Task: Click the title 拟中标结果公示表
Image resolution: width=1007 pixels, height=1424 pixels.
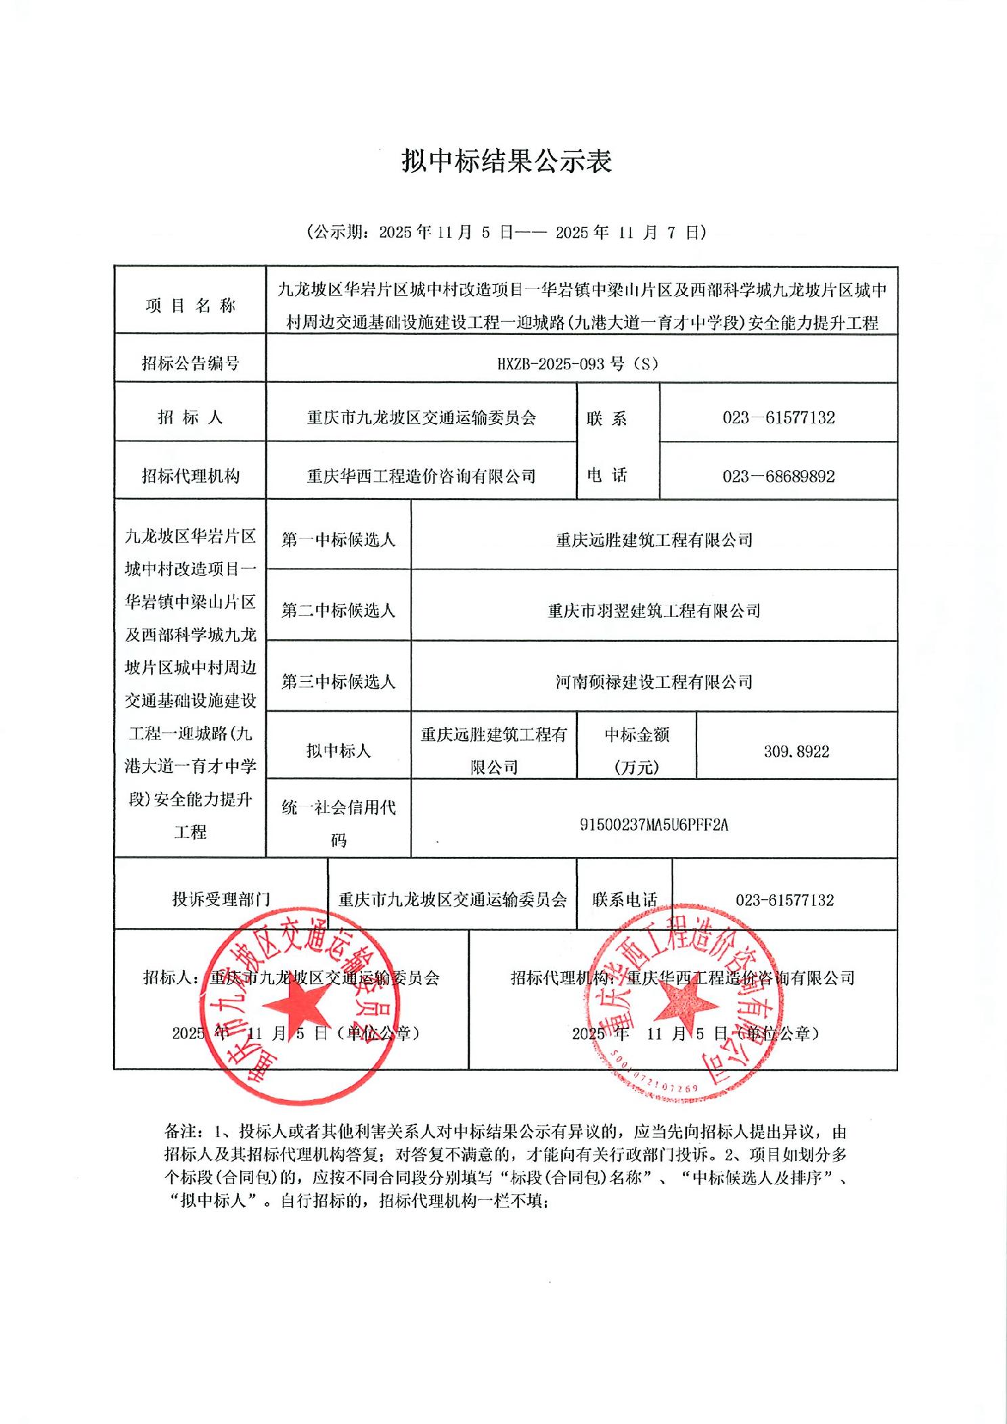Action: (x=506, y=161)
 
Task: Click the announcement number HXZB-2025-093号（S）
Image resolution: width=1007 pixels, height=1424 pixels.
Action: (x=577, y=363)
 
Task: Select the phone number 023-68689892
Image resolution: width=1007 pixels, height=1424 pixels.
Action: (x=778, y=476)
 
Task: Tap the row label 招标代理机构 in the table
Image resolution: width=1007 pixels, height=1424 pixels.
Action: (x=190, y=476)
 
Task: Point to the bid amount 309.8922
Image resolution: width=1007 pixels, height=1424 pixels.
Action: (x=797, y=752)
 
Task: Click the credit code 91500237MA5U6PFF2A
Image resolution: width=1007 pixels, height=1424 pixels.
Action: (x=654, y=825)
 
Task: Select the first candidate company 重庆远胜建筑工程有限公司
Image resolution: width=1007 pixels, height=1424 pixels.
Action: (x=654, y=540)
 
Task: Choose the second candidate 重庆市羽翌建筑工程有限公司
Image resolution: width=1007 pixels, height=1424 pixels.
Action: (x=654, y=611)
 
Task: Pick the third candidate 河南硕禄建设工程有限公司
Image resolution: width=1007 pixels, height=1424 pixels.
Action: (x=654, y=682)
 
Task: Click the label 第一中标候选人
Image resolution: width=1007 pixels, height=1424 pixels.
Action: (x=338, y=540)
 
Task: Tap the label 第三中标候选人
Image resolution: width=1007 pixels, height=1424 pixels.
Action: (x=338, y=682)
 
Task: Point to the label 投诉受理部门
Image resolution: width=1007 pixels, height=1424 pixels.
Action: (x=221, y=899)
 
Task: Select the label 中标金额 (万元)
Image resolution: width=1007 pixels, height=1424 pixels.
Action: (x=636, y=751)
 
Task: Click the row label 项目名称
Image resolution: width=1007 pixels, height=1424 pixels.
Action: (x=190, y=306)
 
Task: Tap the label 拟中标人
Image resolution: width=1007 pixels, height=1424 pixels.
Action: (x=338, y=751)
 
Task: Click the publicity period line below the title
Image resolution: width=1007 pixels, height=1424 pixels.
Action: (x=506, y=233)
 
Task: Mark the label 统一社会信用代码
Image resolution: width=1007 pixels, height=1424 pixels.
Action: (x=338, y=823)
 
